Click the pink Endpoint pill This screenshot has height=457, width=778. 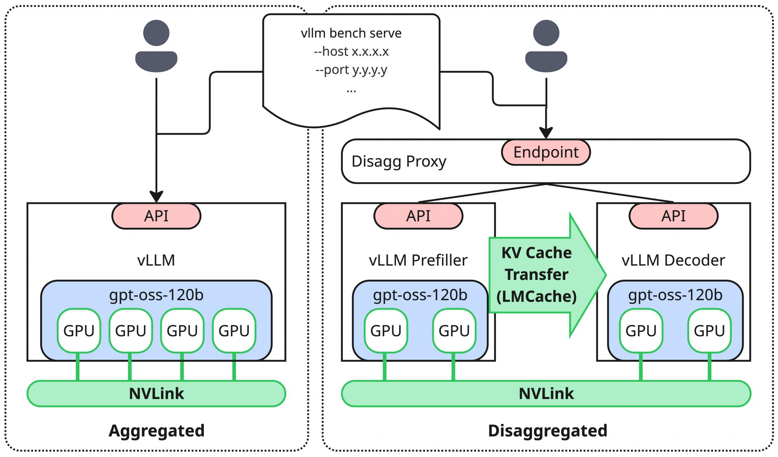[545, 152]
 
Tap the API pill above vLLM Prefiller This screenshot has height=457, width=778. [418, 216]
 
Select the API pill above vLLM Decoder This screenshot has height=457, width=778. [673, 216]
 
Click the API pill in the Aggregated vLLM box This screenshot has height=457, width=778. [156, 216]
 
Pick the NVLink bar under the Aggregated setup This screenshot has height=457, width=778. [156, 393]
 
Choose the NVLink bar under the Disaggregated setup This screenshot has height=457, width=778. [546, 393]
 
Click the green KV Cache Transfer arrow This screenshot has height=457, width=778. [543, 275]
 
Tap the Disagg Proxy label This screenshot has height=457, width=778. [399, 161]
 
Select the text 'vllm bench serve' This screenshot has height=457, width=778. [351, 33]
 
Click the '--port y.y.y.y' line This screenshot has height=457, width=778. [351, 70]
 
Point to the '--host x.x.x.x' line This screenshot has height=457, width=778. [351, 51]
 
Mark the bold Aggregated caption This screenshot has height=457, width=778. [156, 431]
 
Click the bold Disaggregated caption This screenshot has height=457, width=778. [547, 431]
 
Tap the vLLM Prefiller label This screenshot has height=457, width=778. [418, 260]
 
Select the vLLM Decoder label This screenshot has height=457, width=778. [673, 260]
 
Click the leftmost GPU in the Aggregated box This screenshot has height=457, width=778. [79, 331]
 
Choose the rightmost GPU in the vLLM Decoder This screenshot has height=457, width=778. [709, 331]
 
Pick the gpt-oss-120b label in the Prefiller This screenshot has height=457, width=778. [420, 295]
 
